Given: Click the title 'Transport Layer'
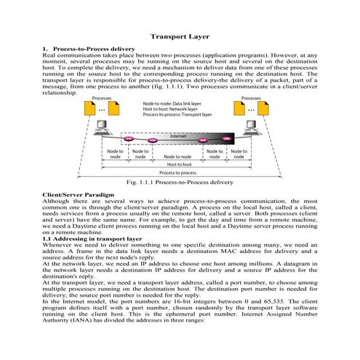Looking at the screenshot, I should pyautogui.click(x=180, y=36).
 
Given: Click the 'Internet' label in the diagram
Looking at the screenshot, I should pyautogui.click(x=179, y=136).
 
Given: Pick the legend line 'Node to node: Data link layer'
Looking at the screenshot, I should pyautogui.click(x=172, y=103).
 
